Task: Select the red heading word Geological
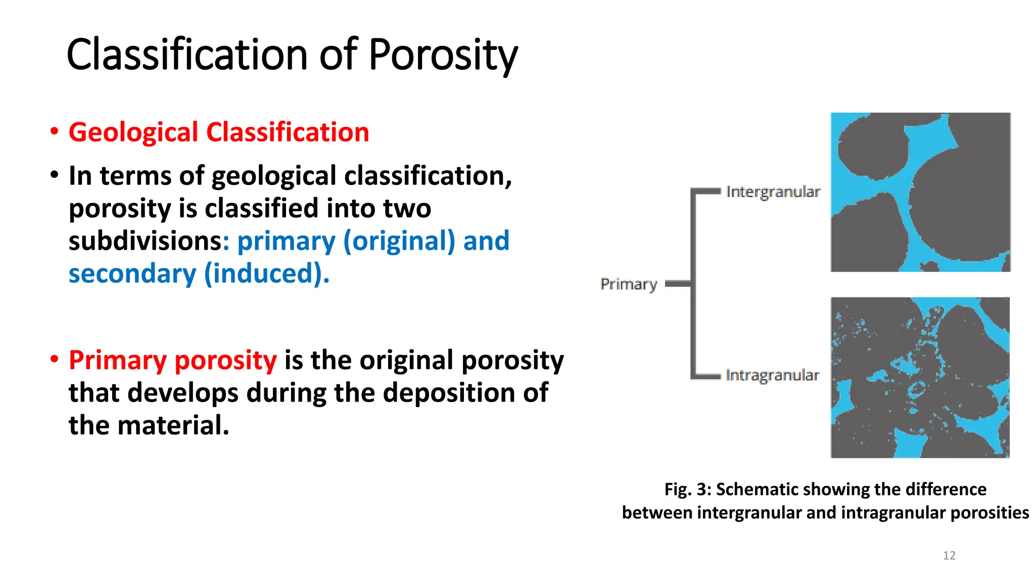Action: click(133, 132)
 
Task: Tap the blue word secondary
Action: click(132, 274)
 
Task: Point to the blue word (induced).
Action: click(267, 274)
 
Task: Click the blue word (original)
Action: click(399, 241)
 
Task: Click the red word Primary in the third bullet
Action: click(118, 360)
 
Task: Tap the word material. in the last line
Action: click(173, 425)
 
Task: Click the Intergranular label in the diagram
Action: click(773, 192)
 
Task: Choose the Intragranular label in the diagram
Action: click(772, 375)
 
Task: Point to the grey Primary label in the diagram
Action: click(629, 284)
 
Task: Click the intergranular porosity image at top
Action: click(920, 192)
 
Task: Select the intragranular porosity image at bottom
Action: click(920, 377)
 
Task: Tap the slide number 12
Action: click(949, 556)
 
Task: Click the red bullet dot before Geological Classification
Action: click(54, 132)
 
